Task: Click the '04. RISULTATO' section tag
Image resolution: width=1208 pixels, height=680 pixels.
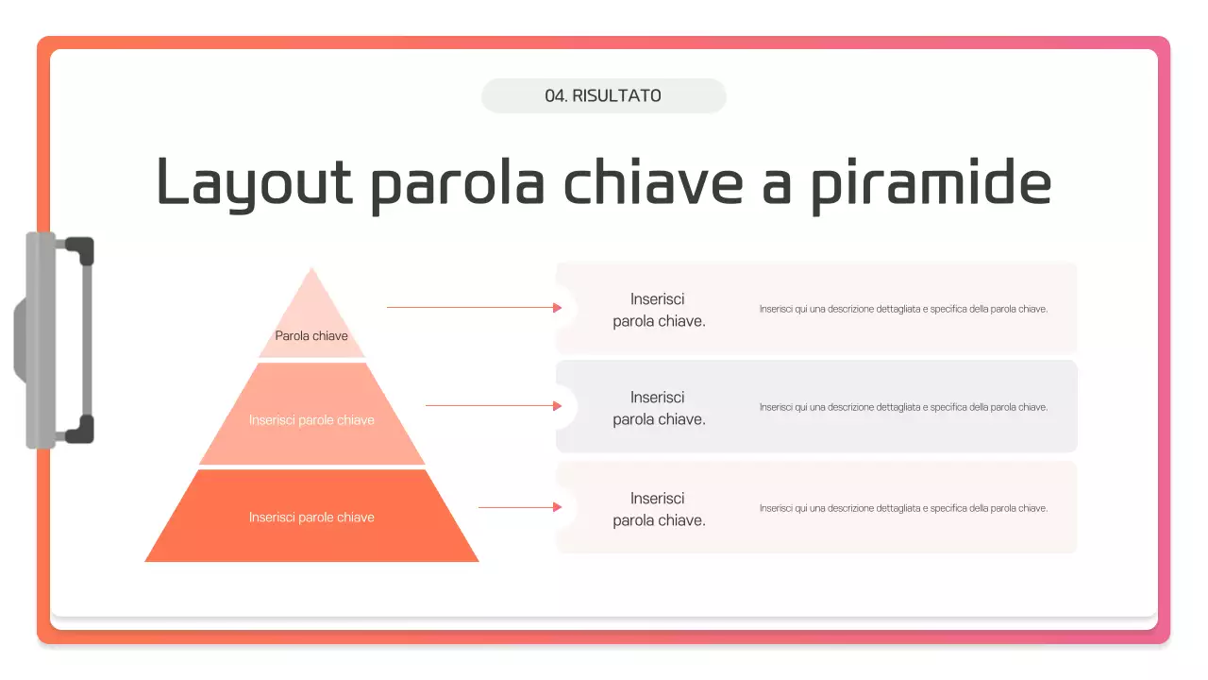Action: click(x=603, y=95)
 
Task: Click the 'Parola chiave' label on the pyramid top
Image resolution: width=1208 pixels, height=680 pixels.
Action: click(x=311, y=335)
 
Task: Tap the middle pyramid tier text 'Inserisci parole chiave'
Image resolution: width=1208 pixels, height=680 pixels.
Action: click(x=311, y=420)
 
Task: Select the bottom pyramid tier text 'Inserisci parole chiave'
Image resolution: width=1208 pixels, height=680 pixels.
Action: click(x=311, y=518)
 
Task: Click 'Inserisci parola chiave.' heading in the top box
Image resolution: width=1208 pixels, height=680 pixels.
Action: click(x=659, y=310)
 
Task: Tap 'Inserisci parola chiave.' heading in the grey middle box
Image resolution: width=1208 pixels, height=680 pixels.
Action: click(x=659, y=408)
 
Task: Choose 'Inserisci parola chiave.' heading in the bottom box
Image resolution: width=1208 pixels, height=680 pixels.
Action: click(x=659, y=509)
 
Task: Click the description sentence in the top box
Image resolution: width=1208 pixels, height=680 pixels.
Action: click(x=903, y=309)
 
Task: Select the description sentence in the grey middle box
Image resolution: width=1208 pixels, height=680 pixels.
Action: click(x=903, y=407)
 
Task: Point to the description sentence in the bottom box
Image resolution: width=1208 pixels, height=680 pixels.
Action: click(x=903, y=508)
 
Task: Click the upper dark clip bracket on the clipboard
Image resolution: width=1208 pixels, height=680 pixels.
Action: click(x=79, y=250)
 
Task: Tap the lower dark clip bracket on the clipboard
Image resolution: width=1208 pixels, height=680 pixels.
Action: click(x=79, y=430)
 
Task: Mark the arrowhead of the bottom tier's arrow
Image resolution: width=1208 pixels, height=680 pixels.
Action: click(x=557, y=507)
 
